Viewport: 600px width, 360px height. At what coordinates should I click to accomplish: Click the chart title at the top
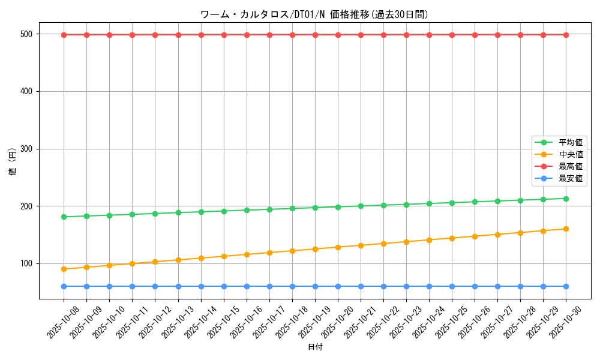coord(314,14)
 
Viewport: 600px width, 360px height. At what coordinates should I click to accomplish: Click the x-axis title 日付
coord(315,347)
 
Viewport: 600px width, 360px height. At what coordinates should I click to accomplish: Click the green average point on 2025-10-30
coord(566,199)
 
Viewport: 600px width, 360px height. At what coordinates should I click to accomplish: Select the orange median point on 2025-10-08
coord(64,269)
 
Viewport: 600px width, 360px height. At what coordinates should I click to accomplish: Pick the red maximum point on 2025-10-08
coord(64,35)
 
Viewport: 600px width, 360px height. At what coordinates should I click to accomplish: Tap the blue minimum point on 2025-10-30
coord(566,286)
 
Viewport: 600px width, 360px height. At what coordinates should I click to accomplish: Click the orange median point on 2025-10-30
coord(566,229)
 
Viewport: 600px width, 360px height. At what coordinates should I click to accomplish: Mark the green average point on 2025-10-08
coord(64,217)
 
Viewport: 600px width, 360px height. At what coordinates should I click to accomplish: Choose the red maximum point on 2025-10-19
coord(315,35)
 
